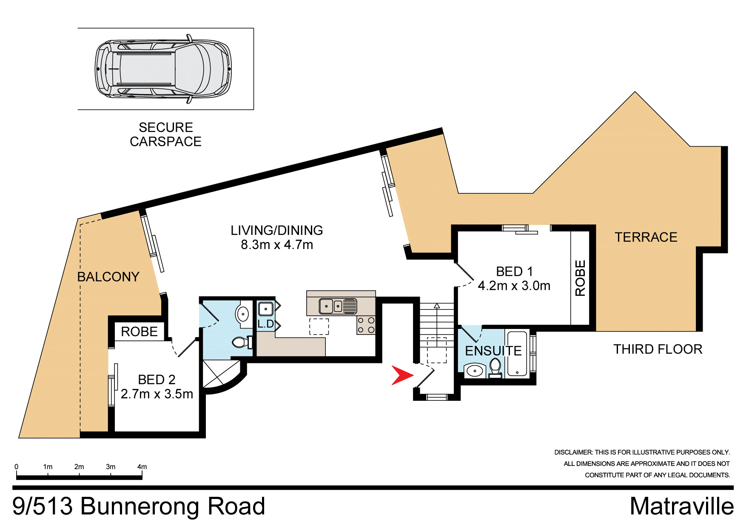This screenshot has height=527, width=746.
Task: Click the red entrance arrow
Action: point(401,375)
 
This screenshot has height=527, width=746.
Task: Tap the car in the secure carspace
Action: point(163,69)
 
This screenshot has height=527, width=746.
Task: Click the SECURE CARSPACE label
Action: point(165,134)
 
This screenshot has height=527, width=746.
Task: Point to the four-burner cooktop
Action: point(366,325)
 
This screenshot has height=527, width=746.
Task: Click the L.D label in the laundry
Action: point(266,324)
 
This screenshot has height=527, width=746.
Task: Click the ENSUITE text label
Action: point(493,351)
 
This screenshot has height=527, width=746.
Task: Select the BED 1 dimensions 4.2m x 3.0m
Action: point(514,286)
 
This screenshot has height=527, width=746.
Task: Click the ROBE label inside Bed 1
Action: point(580,278)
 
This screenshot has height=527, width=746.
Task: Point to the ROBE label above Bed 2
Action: point(139,331)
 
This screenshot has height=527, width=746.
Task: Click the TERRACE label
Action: point(646,237)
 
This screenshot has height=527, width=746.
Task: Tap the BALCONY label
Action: point(108,277)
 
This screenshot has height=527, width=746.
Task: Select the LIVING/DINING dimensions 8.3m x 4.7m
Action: point(277,245)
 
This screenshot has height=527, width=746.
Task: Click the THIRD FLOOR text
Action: point(658,349)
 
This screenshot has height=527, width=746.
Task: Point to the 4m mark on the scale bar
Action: point(142,467)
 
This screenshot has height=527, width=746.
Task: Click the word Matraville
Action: point(681,507)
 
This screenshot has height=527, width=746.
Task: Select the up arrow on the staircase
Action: point(437,306)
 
